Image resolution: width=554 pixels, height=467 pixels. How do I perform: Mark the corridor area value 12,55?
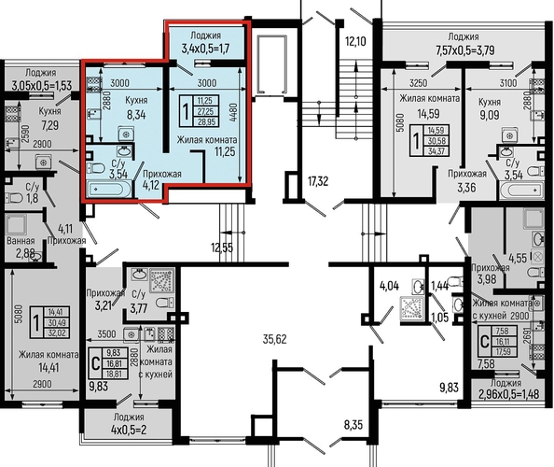click(x=220, y=247)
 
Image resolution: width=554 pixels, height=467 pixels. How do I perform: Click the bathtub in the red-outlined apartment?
click(x=111, y=191)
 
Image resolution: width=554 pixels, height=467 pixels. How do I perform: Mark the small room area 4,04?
click(x=390, y=287)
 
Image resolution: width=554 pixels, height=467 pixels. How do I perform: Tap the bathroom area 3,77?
click(x=140, y=301)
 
